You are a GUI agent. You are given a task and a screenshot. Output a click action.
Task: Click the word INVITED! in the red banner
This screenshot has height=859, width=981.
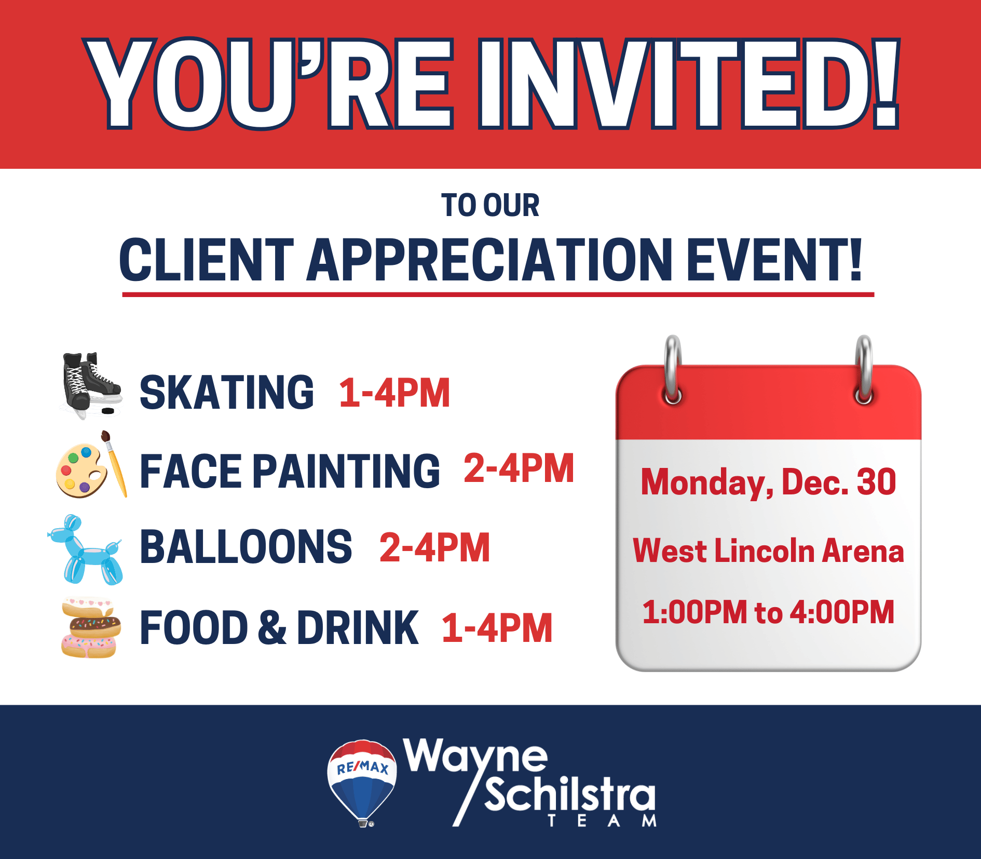point(689,84)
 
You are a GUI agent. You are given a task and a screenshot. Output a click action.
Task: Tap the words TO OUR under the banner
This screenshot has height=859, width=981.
point(491,205)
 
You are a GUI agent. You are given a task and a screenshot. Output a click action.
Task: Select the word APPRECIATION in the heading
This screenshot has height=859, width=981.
point(489,260)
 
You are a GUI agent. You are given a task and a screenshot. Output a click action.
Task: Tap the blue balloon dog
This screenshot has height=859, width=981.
point(86,550)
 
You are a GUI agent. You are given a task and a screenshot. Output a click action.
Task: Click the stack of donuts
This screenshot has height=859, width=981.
point(91,628)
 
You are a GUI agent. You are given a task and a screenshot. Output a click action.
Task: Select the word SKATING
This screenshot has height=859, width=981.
point(227,393)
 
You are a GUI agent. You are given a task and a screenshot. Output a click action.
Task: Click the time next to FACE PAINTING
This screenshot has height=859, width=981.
point(519,468)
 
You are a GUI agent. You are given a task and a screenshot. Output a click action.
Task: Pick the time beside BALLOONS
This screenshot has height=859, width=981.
point(435,547)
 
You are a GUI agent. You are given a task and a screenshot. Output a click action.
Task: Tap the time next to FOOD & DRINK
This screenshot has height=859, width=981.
point(497,628)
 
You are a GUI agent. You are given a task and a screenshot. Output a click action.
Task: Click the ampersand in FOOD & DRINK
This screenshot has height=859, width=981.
point(272,627)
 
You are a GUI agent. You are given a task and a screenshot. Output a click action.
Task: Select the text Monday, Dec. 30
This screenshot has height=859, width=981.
point(768,482)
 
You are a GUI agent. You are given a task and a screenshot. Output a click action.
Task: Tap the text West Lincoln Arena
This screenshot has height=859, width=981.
point(768,551)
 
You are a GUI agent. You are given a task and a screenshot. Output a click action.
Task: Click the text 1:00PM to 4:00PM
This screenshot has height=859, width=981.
point(768,612)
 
